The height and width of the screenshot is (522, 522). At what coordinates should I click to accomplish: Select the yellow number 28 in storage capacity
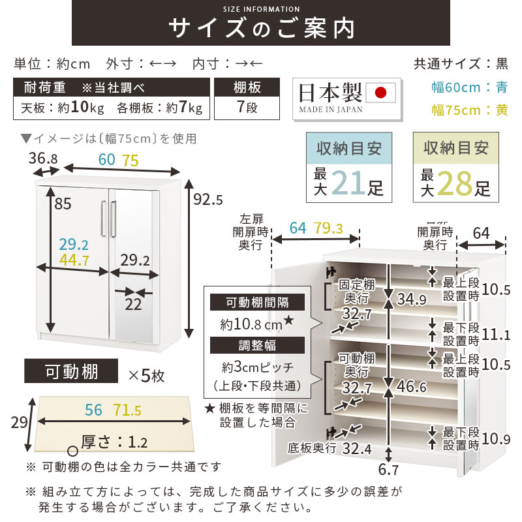point(455,183)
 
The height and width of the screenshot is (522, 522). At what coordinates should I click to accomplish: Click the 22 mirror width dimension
point(134,303)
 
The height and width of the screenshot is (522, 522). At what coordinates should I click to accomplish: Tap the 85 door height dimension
point(63,204)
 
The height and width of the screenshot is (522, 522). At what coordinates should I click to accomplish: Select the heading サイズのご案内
point(262,29)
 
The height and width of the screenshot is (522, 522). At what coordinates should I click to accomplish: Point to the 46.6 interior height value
point(412,388)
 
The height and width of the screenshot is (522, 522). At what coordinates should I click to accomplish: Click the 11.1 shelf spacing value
point(497,335)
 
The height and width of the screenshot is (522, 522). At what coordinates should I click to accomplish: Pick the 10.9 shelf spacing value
point(497,438)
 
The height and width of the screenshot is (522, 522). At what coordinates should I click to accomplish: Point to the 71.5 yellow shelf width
point(128,410)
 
